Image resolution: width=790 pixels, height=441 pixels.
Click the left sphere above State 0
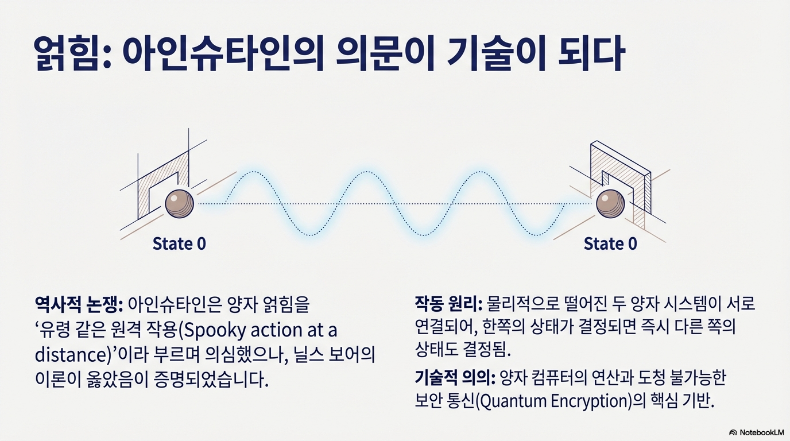(x=180, y=203)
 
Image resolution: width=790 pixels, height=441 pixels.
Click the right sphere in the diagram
(x=610, y=203)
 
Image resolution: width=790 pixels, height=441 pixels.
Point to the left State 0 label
(x=179, y=243)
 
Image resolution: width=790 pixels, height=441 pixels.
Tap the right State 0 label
(x=610, y=243)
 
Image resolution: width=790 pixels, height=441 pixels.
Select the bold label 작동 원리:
(x=448, y=303)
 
